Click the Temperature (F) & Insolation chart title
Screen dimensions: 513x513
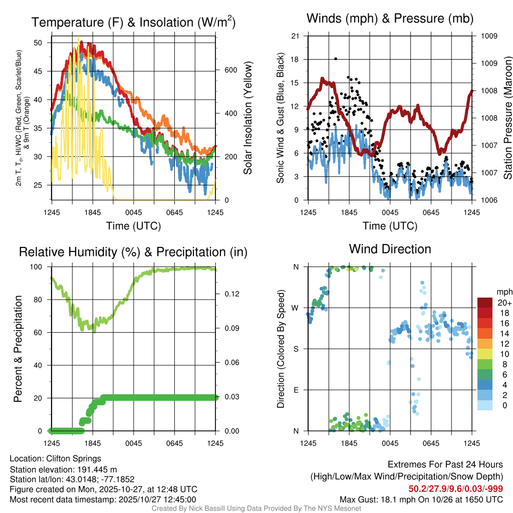133,22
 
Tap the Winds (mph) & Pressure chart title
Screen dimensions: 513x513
390,19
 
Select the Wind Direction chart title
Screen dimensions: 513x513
390,249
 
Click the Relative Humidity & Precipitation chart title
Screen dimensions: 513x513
133,252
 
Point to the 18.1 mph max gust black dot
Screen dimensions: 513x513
335,59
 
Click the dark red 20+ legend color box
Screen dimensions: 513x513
485,303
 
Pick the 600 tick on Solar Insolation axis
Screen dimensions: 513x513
230,70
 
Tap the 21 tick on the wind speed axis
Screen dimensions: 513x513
295,36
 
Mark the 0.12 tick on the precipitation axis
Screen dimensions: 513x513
230,294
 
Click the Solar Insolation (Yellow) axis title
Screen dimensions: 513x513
248,118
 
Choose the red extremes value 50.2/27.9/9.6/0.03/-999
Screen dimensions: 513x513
455,488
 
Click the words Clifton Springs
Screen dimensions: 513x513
74,458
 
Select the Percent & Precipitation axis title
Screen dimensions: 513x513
18,348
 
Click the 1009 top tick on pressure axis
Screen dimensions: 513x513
489,36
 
